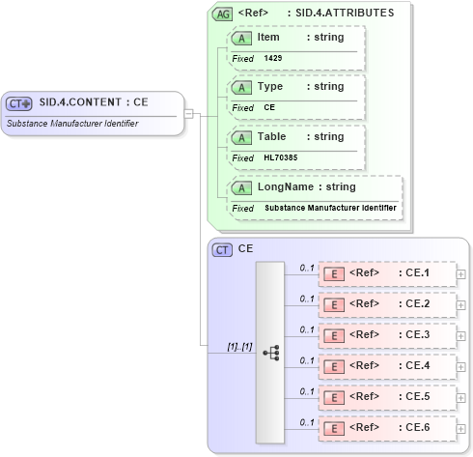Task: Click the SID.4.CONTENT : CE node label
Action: pos(94,101)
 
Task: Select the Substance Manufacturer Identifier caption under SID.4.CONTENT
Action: pos(72,124)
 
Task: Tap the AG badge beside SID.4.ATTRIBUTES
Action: pos(223,14)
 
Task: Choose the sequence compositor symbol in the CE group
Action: pos(270,354)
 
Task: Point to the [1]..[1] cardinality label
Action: pos(239,346)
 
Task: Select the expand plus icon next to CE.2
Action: pos(461,304)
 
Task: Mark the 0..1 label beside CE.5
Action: pos(307,391)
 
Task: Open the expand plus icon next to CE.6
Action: pos(461,428)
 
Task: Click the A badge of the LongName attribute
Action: pos(242,187)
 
